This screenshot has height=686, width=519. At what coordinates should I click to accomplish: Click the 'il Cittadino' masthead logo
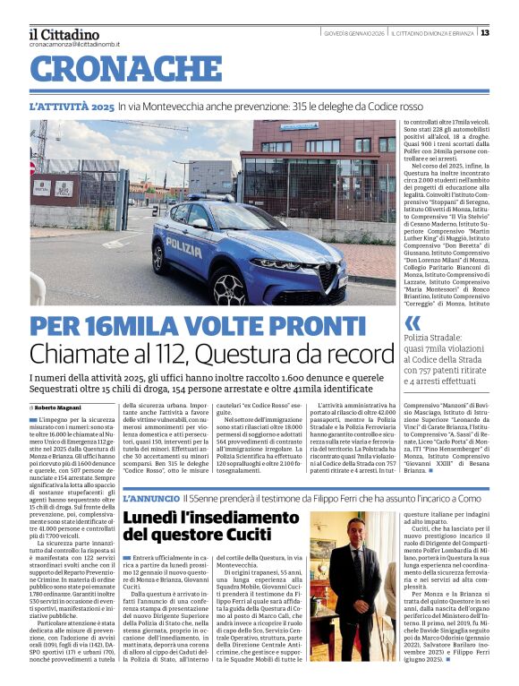coord(64,33)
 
